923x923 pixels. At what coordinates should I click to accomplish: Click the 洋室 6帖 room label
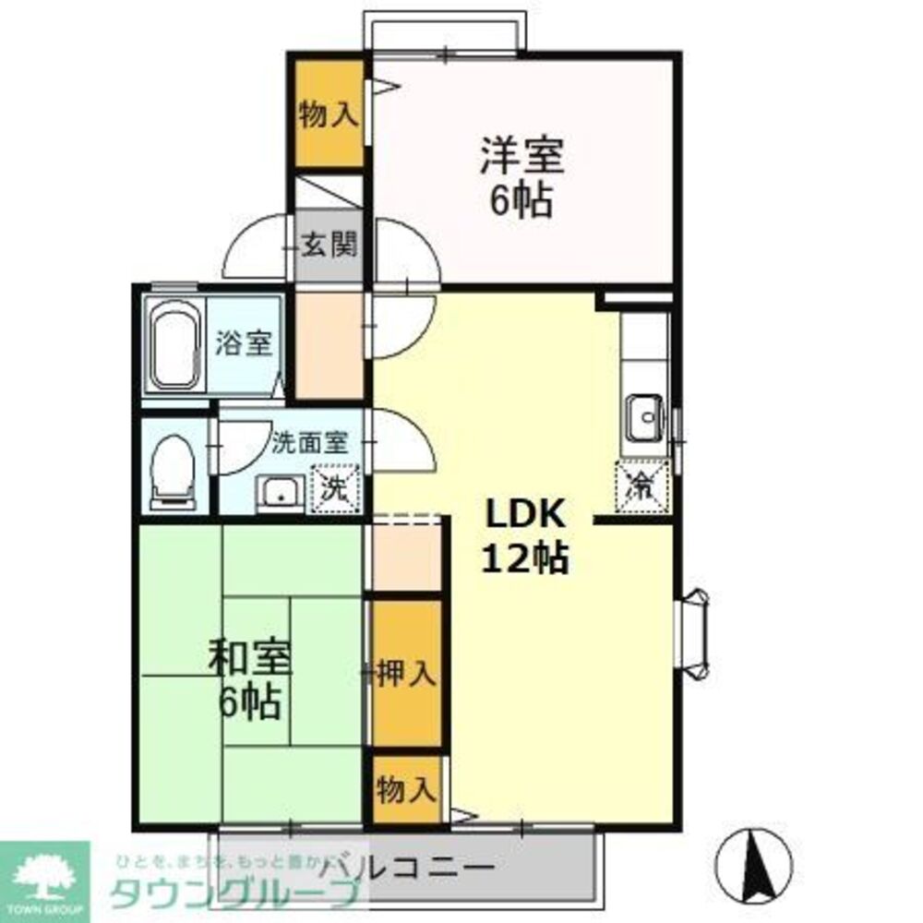pyautogui.click(x=521, y=176)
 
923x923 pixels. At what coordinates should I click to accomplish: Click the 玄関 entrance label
pyautogui.click(x=329, y=246)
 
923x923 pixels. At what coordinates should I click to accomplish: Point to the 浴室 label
pyautogui.click(x=244, y=344)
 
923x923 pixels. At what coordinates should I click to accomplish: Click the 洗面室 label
pyautogui.click(x=309, y=441)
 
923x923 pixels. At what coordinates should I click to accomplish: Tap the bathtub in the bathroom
pyautogui.click(x=175, y=346)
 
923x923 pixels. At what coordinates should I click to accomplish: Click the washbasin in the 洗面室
pyautogui.click(x=280, y=494)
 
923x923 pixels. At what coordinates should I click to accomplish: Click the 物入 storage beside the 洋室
pyautogui.click(x=328, y=115)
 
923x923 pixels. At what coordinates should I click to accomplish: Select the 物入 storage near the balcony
pyautogui.click(x=406, y=790)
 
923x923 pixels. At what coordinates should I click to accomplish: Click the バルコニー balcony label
pyautogui.click(x=406, y=869)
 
